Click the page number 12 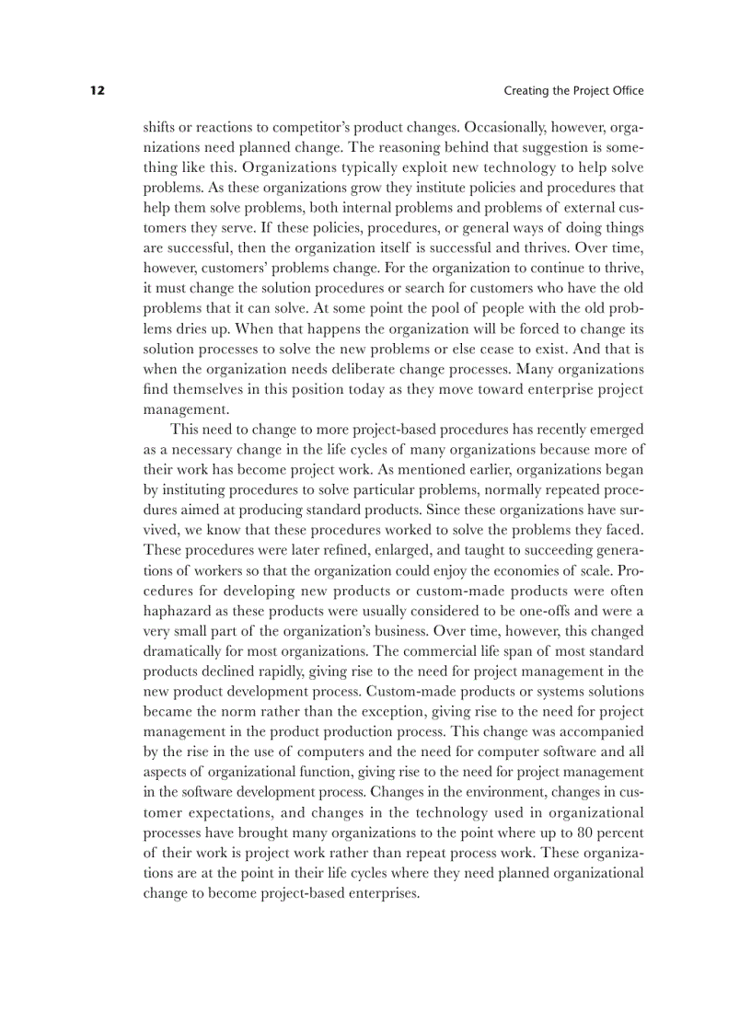[x=98, y=91]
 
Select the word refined [x=335, y=550]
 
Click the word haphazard [x=178, y=611]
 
